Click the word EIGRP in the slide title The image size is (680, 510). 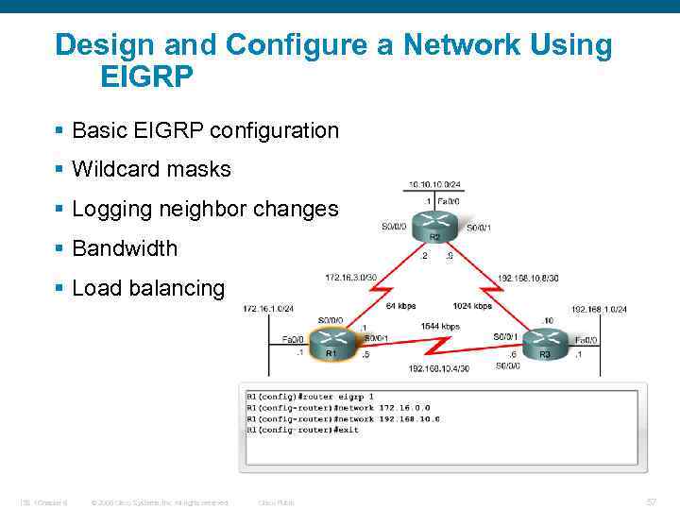tap(146, 76)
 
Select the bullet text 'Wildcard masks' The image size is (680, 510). tap(151, 170)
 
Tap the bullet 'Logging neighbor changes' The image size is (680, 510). tap(204, 210)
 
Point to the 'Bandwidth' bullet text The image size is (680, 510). tap(125, 249)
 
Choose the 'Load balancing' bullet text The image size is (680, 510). tap(148, 289)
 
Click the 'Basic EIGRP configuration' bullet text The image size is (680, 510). tap(205, 130)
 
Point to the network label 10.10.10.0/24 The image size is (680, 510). tap(435, 184)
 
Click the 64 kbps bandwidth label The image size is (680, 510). tap(400, 306)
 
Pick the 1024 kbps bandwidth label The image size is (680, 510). tap(472, 306)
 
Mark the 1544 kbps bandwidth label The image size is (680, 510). tap(439, 327)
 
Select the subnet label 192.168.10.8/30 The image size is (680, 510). tap(527, 279)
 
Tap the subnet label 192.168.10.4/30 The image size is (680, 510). tap(438, 368)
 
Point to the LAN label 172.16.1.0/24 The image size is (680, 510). tap(268, 309)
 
